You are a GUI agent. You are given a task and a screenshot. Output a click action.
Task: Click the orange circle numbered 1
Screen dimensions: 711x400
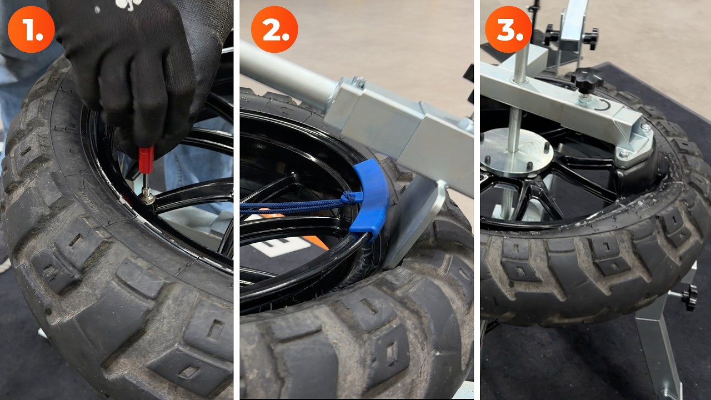point(31,29)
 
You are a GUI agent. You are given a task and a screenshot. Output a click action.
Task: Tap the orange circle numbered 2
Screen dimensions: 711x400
point(274,29)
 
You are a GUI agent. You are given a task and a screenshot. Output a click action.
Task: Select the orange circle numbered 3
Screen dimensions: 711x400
point(508,29)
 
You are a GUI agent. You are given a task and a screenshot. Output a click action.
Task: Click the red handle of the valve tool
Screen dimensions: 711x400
point(146,159)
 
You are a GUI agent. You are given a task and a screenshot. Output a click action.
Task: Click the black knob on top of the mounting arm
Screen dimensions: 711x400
point(587,79)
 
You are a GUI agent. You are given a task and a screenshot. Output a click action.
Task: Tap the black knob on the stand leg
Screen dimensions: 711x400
point(689,297)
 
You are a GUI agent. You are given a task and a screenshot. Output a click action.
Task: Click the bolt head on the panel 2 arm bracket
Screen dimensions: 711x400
point(359,82)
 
